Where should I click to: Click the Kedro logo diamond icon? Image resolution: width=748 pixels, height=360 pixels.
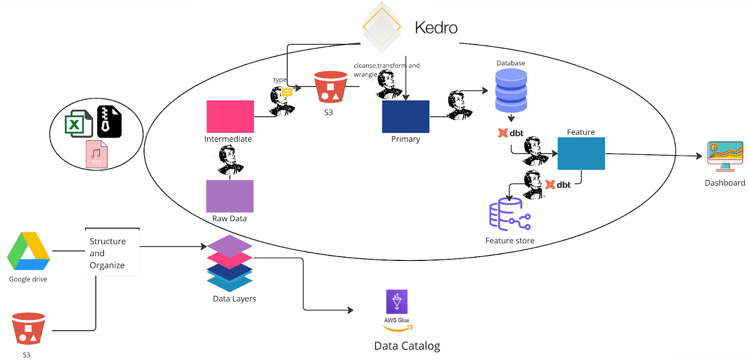pyautogui.click(x=382, y=27)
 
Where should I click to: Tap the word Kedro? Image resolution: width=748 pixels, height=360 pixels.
pyautogui.click(x=436, y=28)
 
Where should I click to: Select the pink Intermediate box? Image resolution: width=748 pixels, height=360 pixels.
pyautogui.click(x=230, y=116)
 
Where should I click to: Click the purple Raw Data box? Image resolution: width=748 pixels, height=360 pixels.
pyautogui.click(x=230, y=196)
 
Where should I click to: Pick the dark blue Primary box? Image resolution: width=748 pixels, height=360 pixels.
pyautogui.click(x=405, y=116)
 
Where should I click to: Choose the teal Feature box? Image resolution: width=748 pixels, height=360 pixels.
pyautogui.click(x=581, y=153)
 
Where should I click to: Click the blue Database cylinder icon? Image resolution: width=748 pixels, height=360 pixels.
pyautogui.click(x=511, y=90)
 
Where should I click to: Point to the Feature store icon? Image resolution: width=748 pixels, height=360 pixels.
pyautogui.click(x=510, y=215)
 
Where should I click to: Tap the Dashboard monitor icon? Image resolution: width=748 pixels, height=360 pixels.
pyautogui.click(x=725, y=156)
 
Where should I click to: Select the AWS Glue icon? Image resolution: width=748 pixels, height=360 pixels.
pyautogui.click(x=397, y=302)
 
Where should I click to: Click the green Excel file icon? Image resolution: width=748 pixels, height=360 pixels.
pyautogui.click(x=78, y=124)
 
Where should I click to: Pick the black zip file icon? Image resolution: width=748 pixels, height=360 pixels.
pyautogui.click(x=109, y=122)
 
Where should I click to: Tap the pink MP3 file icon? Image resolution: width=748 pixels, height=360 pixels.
pyautogui.click(x=96, y=154)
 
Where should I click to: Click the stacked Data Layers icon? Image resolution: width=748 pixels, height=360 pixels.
pyautogui.click(x=230, y=263)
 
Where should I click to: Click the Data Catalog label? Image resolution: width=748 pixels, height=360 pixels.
pyautogui.click(x=407, y=346)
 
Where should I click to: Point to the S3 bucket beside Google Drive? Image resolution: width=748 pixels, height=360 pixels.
pyautogui.click(x=28, y=329)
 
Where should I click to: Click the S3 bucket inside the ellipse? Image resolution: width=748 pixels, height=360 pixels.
pyautogui.click(x=331, y=87)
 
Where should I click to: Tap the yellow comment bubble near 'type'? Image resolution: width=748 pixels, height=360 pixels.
pyautogui.click(x=288, y=92)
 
